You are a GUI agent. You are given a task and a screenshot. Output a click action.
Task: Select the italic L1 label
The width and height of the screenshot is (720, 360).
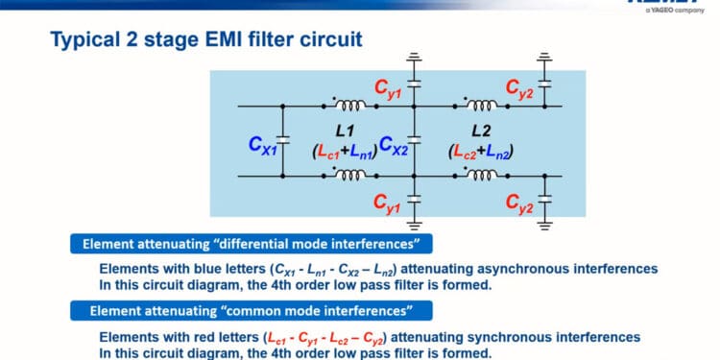pos(346,129)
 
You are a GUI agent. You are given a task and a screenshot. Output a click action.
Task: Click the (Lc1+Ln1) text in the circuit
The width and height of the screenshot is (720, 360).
pos(345,151)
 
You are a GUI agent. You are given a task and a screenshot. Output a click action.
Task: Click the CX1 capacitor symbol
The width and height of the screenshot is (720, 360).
pos(283,140)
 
